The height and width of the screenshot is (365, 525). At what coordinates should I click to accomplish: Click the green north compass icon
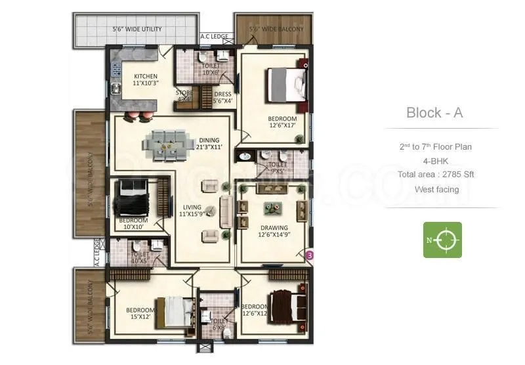pyautogui.click(x=442, y=240)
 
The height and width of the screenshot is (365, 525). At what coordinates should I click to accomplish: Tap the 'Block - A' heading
pyautogui.click(x=434, y=112)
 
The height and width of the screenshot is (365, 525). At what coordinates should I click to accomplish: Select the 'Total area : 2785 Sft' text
pyautogui.click(x=435, y=175)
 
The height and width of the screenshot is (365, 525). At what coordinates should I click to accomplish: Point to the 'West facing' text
pyautogui.click(x=436, y=189)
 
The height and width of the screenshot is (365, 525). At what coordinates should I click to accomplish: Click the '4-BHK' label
pyautogui.click(x=435, y=161)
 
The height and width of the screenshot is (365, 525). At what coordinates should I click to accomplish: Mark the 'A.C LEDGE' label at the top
pyautogui.click(x=213, y=37)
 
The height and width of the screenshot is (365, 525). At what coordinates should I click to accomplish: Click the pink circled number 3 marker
pyautogui.click(x=310, y=253)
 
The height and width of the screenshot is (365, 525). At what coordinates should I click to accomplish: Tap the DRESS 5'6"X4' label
pyautogui.click(x=223, y=97)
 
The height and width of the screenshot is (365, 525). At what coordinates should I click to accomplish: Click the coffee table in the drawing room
pyautogui.click(x=270, y=208)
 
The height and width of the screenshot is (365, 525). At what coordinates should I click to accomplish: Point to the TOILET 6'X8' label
pyautogui.click(x=219, y=324)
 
